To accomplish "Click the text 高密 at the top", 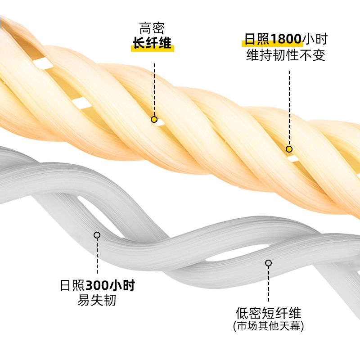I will [152, 28].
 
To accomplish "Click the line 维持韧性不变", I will [286, 55].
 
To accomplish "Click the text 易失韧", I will [97, 300].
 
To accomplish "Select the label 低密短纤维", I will [268, 313].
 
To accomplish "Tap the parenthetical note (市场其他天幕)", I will [268, 326].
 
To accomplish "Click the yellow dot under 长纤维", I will [154, 120].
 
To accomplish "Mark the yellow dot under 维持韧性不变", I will [289, 149].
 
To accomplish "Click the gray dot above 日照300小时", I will [97, 235].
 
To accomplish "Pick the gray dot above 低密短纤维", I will [269, 263].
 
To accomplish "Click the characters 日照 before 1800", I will [254, 39].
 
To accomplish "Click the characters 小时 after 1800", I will [315, 39].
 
